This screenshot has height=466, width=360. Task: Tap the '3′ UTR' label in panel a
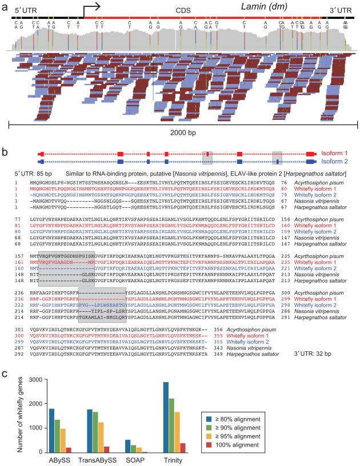tap(341, 9)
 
